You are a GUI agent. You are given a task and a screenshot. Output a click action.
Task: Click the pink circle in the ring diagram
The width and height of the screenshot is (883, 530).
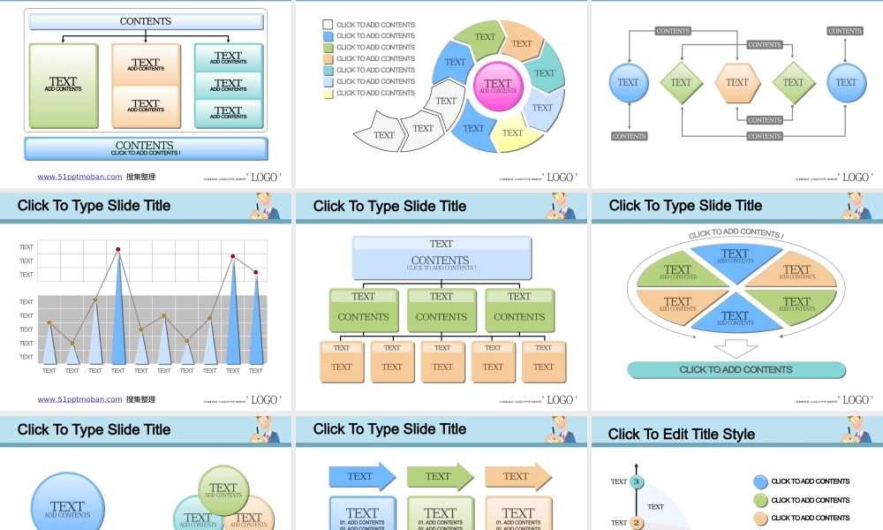(x=498, y=86)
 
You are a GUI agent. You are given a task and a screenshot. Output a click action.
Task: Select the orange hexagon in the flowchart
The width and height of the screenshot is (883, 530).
(x=737, y=83)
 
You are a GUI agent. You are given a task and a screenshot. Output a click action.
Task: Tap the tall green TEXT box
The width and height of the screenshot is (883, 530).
(x=63, y=85)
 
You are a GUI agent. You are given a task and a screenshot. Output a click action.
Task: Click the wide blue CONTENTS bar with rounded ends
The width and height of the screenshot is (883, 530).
(x=146, y=148)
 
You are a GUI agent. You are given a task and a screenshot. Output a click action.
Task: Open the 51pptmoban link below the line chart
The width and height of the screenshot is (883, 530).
(x=79, y=399)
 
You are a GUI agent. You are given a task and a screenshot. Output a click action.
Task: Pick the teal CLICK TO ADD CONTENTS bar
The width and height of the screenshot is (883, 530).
(x=736, y=370)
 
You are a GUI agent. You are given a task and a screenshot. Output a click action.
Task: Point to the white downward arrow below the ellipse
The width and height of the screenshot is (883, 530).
(x=736, y=348)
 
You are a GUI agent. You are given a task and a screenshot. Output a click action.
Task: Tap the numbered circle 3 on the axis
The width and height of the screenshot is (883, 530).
(x=636, y=481)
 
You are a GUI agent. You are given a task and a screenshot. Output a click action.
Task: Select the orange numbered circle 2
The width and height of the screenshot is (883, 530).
(x=636, y=522)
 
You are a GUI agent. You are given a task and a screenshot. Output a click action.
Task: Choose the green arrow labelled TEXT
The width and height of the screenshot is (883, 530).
(x=440, y=476)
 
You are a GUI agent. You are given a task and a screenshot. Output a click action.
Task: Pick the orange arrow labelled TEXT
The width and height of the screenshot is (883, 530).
(x=517, y=476)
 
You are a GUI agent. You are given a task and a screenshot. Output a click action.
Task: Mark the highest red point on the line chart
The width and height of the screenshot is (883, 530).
(x=117, y=250)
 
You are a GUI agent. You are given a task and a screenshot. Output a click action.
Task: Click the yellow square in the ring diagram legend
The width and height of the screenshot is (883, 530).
(x=328, y=93)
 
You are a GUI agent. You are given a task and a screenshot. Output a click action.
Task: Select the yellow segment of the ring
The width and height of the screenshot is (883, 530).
(x=512, y=133)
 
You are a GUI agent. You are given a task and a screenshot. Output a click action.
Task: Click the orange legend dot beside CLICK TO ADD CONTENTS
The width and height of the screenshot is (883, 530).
(x=760, y=519)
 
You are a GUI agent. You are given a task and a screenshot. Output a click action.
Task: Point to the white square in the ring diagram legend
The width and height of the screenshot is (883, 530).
(x=328, y=25)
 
